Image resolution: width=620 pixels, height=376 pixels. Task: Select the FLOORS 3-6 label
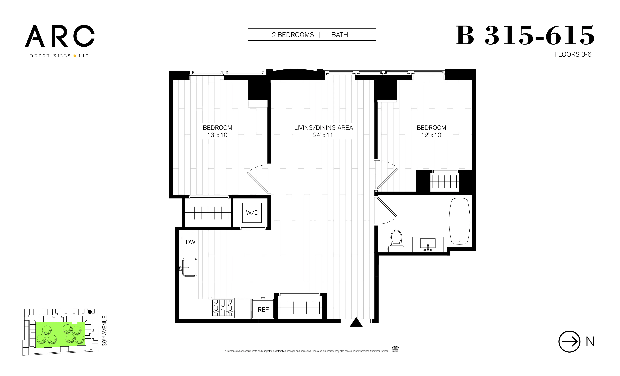[x=573, y=55]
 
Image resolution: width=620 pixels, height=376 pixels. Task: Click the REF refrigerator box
[x=263, y=309]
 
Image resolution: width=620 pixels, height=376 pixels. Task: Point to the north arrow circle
[x=569, y=341]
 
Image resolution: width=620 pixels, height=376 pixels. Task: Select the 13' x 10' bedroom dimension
[x=218, y=135]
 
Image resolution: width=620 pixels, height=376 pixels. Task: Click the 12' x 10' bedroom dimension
[x=431, y=135]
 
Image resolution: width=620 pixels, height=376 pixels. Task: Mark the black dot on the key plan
[x=90, y=312]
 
